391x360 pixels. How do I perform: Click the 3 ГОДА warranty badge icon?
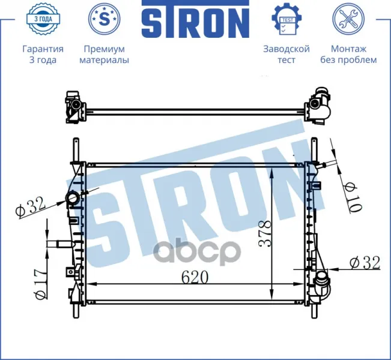tap(43, 19)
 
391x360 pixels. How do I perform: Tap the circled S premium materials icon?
tap(104, 19)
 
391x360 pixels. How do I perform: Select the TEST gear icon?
tap(286, 19)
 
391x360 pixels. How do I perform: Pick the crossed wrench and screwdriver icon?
tap(348, 19)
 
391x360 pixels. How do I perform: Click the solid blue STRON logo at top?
tap(195, 19)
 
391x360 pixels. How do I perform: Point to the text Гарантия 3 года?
tap(43, 55)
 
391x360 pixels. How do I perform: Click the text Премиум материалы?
tap(105, 55)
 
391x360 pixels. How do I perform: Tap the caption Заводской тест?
tap(286, 55)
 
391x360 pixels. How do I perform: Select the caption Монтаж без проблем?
tap(348, 55)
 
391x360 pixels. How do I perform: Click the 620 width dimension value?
tap(195, 277)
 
